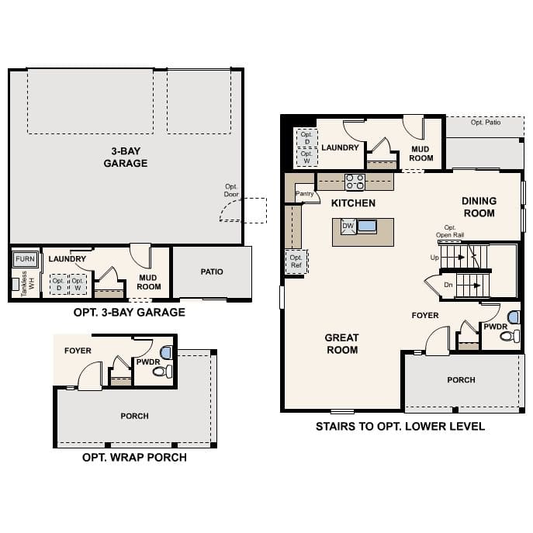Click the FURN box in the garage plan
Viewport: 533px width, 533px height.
[x=26, y=258]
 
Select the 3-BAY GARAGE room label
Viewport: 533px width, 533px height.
[x=125, y=157]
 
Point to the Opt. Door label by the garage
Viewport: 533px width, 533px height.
[x=231, y=190]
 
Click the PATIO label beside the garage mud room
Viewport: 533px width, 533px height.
[x=212, y=272]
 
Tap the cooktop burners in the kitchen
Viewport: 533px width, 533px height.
[x=355, y=182]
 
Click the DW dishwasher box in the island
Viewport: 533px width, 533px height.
[x=348, y=226]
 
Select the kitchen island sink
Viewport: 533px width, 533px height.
[x=366, y=227]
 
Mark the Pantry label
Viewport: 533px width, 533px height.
[x=303, y=195]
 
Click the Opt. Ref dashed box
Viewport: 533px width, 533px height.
[x=296, y=261]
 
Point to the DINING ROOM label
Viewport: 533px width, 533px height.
[x=479, y=206]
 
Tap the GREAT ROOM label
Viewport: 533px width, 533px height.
[x=341, y=343]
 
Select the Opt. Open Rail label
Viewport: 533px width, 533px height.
[x=450, y=231]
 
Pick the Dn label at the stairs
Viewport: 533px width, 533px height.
[x=448, y=285]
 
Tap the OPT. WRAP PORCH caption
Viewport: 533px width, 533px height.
[x=134, y=457]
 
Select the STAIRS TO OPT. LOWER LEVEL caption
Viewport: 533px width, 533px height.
[x=400, y=426]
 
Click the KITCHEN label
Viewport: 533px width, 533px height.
[x=353, y=203]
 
